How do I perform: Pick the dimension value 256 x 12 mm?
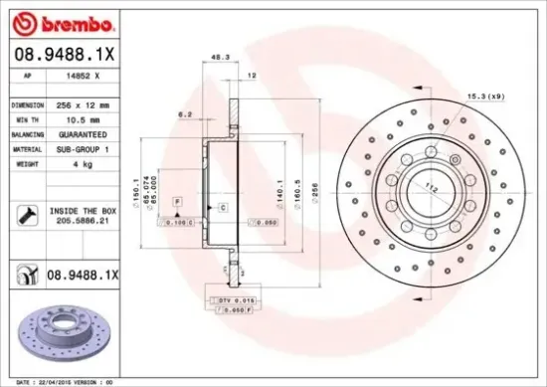coord(81,103)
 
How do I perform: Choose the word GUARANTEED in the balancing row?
coord(81,133)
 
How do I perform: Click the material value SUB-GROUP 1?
coord(81,148)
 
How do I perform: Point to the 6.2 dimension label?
coord(185,114)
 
